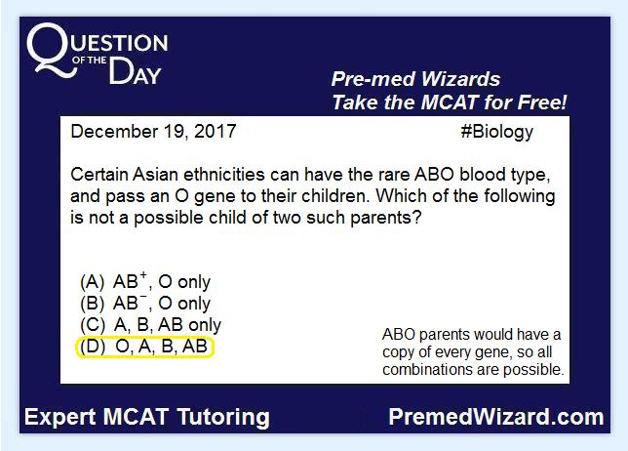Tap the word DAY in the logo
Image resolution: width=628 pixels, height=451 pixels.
(135, 71)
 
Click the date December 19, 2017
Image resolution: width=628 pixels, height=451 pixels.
(153, 132)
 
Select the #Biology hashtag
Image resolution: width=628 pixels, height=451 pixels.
(497, 133)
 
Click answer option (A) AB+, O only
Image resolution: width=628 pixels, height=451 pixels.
(145, 281)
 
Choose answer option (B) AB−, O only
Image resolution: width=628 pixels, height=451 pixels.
(145, 303)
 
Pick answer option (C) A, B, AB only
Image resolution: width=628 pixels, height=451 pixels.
(150, 324)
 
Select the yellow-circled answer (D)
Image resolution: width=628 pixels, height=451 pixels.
(144, 347)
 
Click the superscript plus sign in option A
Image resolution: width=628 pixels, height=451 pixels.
(143, 275)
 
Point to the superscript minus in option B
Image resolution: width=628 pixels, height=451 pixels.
(143, 298)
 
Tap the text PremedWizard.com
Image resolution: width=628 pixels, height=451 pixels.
(496, 417)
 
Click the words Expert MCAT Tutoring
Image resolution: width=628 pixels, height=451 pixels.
(147, 417)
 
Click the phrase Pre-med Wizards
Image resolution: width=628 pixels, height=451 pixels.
(415, 79)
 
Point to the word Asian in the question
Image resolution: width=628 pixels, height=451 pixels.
(155, 175)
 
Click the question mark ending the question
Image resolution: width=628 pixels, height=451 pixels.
(417, 218)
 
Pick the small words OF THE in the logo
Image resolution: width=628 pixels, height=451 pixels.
(90, 61)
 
